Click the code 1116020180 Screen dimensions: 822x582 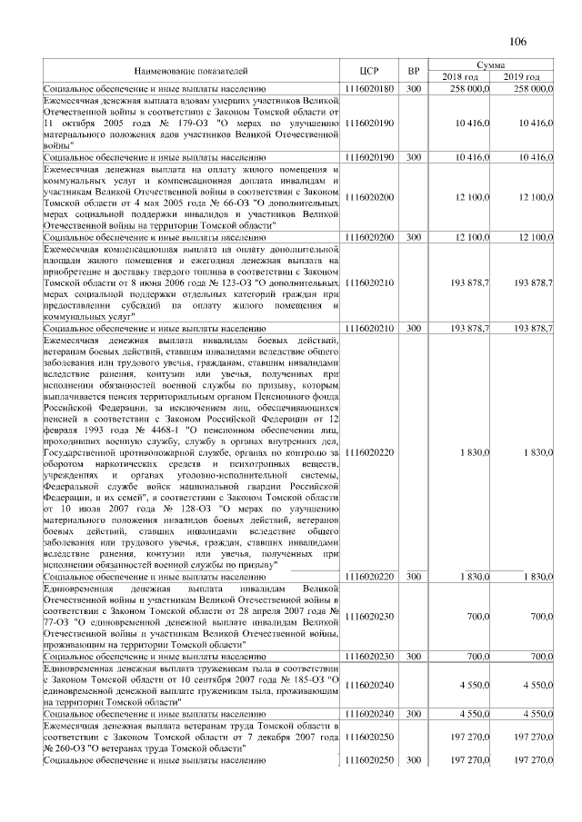tap(369, 88)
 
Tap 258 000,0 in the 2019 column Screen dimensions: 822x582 tap(534, 88)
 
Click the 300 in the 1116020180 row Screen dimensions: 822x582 tap(414, 88)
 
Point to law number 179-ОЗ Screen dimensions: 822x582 tap(155, 122)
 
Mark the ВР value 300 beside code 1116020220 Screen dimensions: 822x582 tap(414, 576)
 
